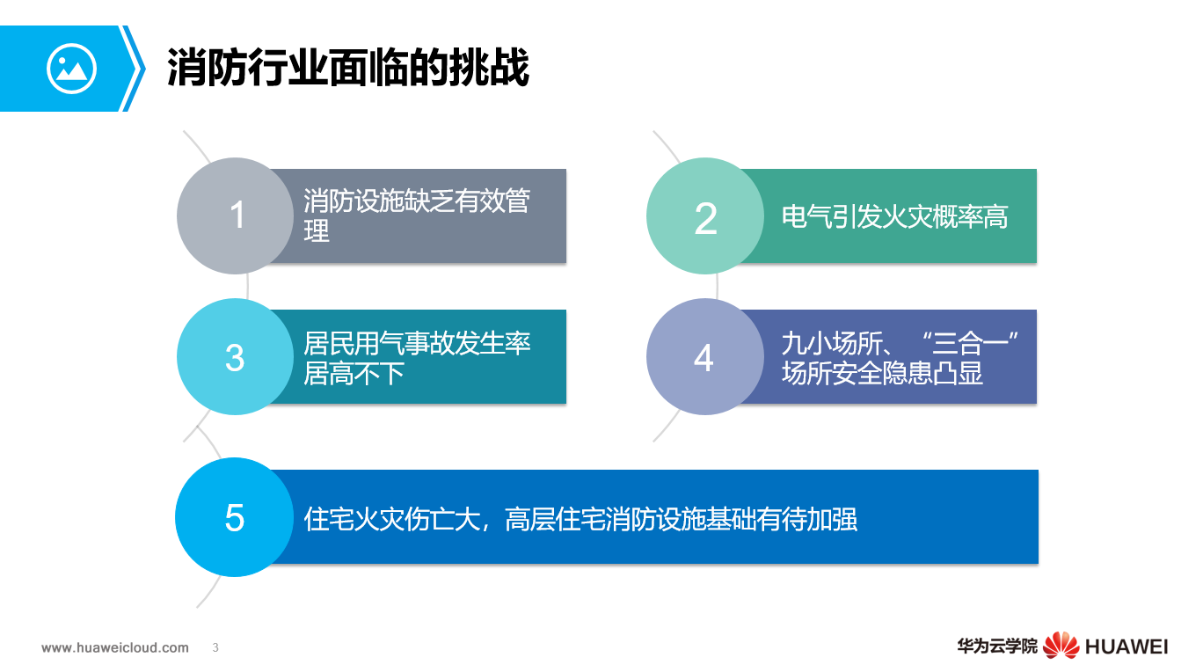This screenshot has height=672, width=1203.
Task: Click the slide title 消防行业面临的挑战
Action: (348, 68)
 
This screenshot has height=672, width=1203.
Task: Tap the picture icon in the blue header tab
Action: (71, 69)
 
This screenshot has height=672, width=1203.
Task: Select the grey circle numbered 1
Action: (236, 215)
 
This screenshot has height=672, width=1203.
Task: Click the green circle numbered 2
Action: (705, 216)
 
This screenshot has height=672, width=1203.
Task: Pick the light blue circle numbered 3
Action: (235, 357)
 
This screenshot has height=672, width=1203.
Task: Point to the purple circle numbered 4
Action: (704, 357)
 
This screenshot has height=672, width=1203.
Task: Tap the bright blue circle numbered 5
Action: (234, 518)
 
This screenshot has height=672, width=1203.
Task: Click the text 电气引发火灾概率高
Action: (894, 216)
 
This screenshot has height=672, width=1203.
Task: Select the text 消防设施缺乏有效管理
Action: (416, 215)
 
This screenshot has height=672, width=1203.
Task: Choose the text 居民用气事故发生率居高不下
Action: (416, 357)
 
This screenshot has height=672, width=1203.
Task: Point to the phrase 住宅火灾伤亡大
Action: (396, 519)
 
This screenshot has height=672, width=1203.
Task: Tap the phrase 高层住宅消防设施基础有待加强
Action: (681, 519)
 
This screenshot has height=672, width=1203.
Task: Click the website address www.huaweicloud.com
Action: (115, 647)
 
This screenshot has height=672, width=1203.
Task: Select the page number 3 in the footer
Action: (215, 647)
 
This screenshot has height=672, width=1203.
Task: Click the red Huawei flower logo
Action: (1061, 646)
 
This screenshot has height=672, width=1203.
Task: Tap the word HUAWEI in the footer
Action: (1126, 646)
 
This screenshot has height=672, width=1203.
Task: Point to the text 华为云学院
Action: (997, 646)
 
